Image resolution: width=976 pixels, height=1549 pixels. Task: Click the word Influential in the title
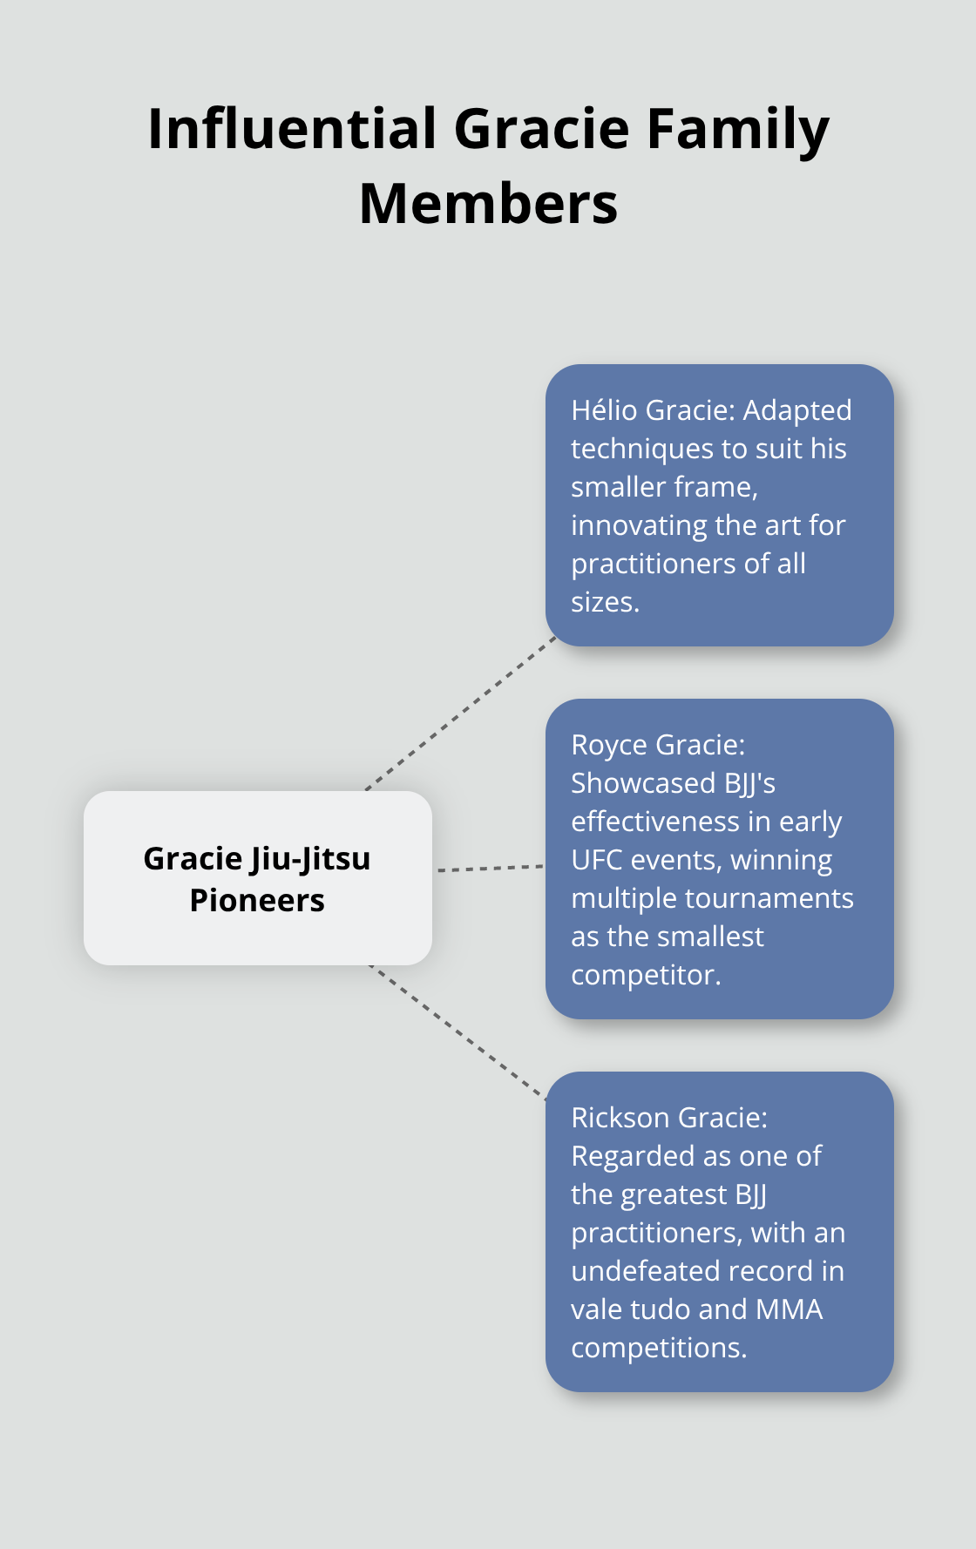(292, 129)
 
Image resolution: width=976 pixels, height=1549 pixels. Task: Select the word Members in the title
(488, 204)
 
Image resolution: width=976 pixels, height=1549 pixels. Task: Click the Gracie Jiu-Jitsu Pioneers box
(257, 877)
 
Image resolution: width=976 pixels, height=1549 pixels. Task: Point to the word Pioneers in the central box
(257, 900)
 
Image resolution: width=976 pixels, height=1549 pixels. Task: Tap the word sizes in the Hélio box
(604, 602)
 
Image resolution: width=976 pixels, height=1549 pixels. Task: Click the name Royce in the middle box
(609, 745)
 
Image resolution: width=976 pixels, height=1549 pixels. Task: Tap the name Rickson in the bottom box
(620, 1118)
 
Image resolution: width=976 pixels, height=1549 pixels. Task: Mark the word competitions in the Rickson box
(658, 1348)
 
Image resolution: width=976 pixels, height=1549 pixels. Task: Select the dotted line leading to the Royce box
(490, 868)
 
